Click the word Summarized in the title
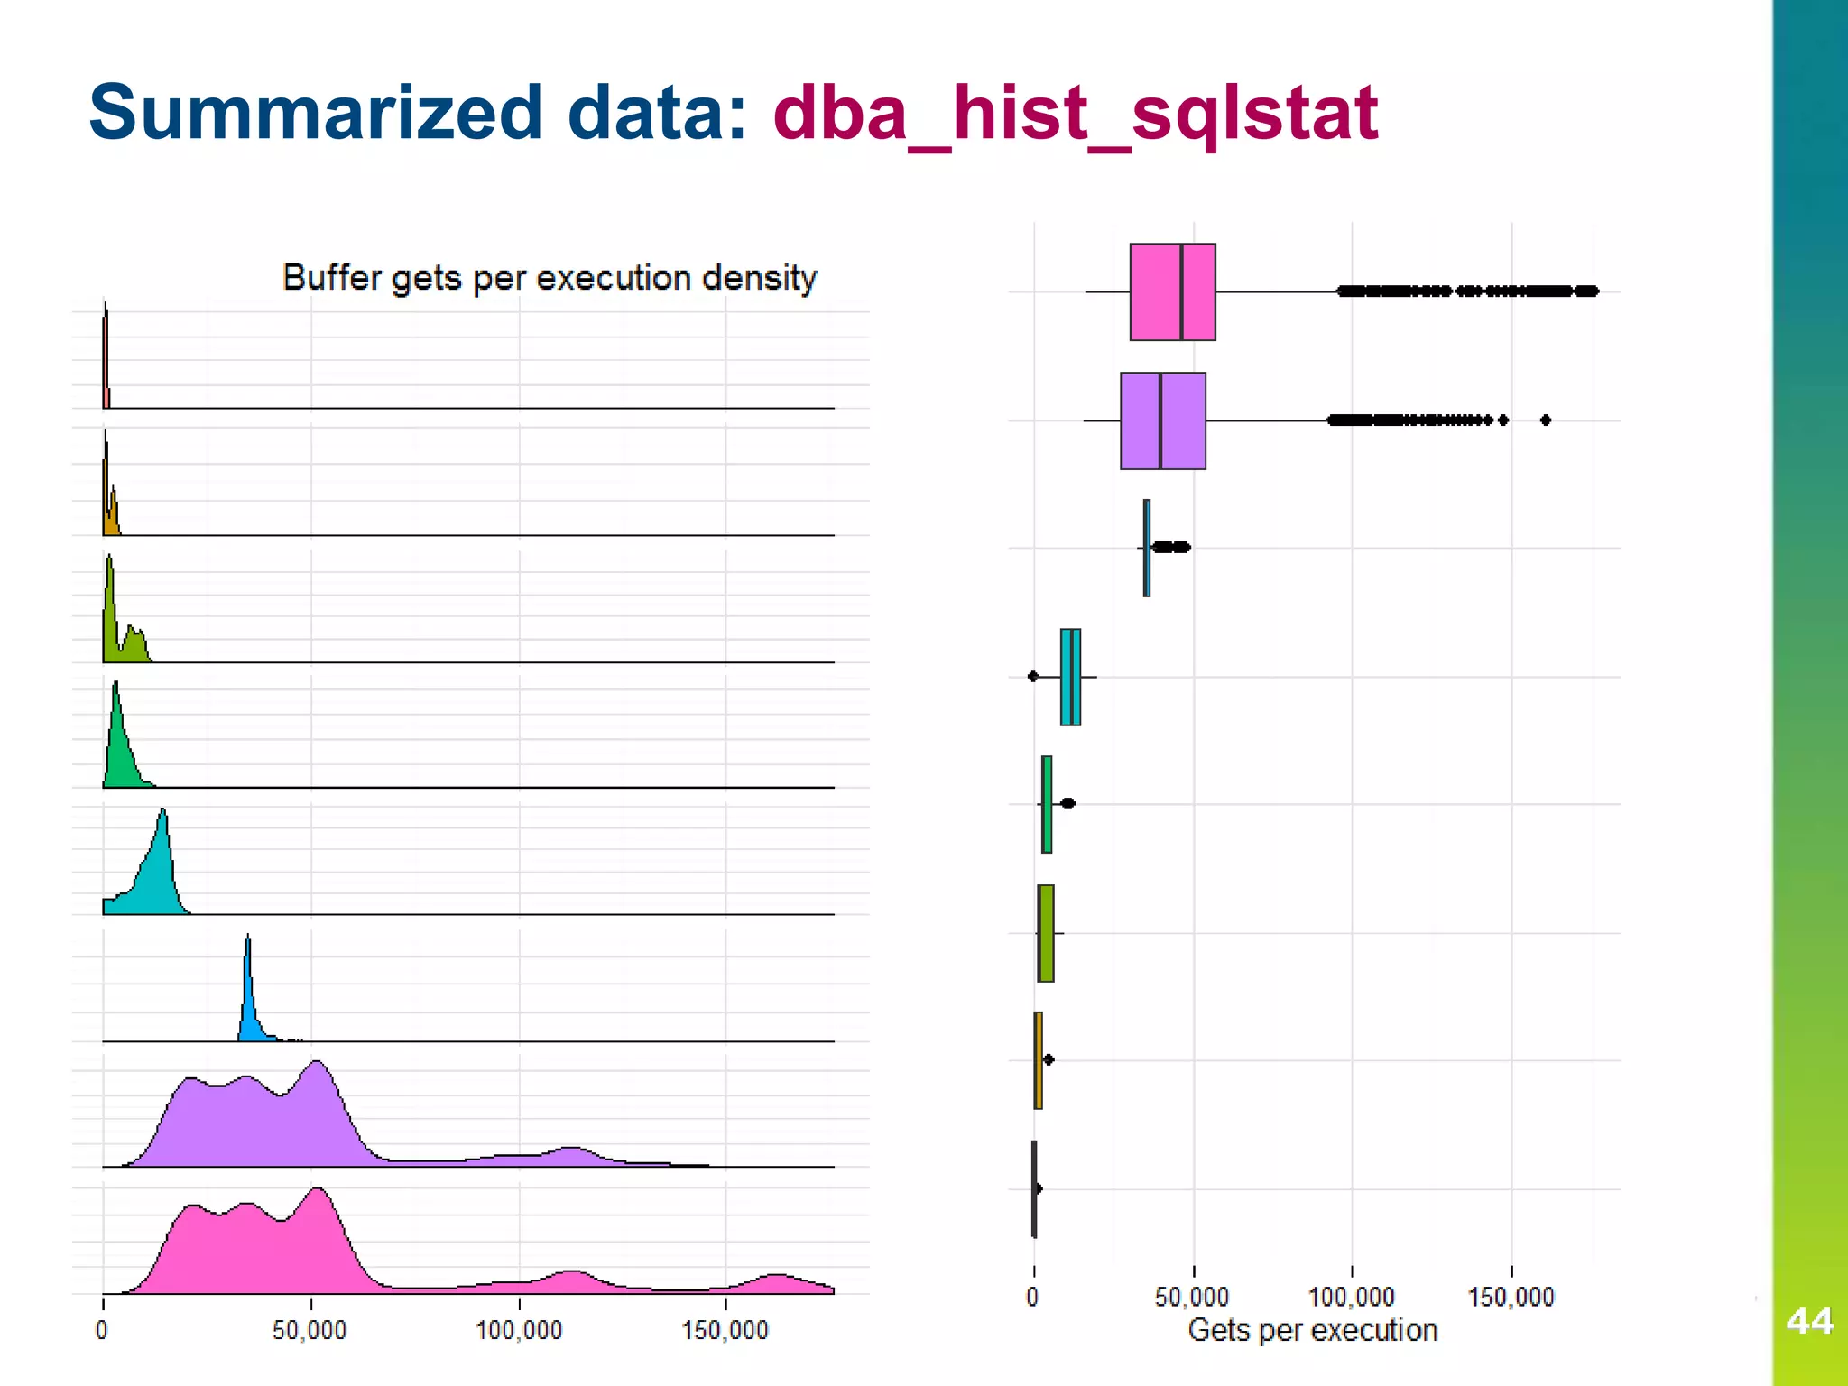pyautogui.click(x=316, y=113)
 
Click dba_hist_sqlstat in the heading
pyautogui.click(x=1075, y=113)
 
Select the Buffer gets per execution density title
pyautogui.click(x=549, y=277)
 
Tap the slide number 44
pyautogui.click(x=1808, y=1321)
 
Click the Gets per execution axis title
pyautogui.click(x=1312, y=1330)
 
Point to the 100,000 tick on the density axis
pyautogui.click(x=519, y=1330)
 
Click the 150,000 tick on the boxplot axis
pyautogui.click(x=1511, y=1298)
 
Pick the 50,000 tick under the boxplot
pyautogui.click(x=1192, y=1298)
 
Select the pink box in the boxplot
pyautogui.click(x=1172, y=291)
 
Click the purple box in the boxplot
pyautogui.click(x=1162, y=420)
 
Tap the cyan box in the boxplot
pyautogui.click(x=1070, y=677)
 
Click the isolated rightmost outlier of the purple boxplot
pyautogui.click(x=1545, y=420)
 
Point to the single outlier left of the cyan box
pyautogui.click(x=1033, y=676)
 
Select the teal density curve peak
pyautogui.click(x=163, y=812)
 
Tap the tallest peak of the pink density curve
pyautogui.click(x=318, y=1191)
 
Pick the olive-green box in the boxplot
pyautogui.click(x=1046, y=933)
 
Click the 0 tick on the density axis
pyautogui.click(x=102, y=1330)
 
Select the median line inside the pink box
pyautogui.click(x=1181, y=291)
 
